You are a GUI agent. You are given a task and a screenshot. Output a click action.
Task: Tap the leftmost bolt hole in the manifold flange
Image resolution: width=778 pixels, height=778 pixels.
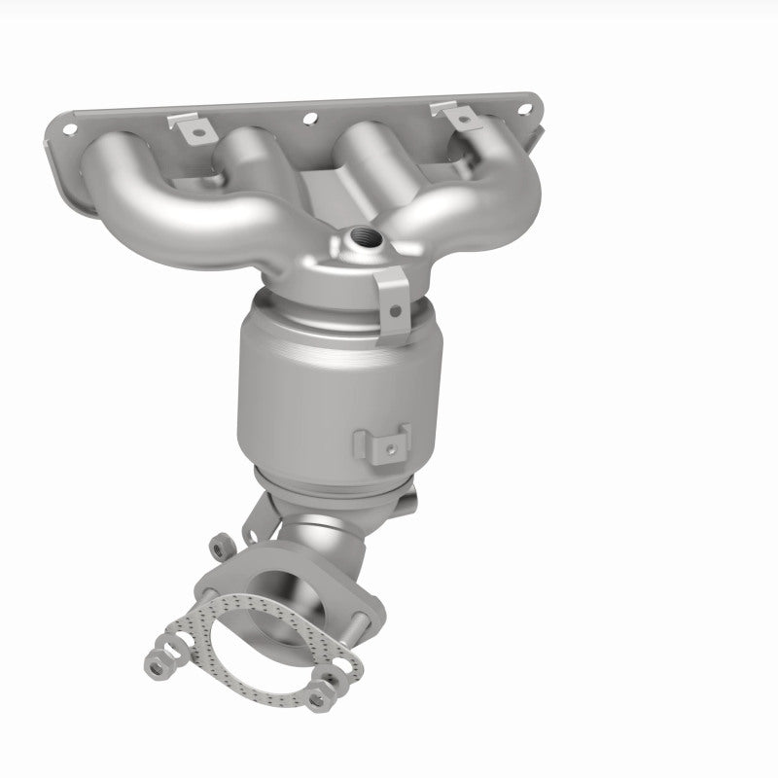[69, 127]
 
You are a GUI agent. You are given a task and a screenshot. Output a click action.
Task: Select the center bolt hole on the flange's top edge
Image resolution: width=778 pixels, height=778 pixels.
[312, 122]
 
